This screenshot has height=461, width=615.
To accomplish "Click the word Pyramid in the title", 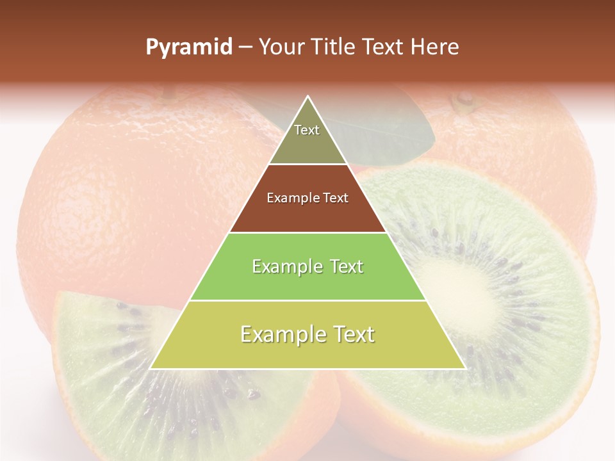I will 189,47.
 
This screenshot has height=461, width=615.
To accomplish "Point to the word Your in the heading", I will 281,47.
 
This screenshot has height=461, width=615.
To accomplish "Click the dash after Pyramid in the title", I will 245,48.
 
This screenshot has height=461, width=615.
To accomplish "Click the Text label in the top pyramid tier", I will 307,130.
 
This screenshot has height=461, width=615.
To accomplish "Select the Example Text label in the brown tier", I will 307,198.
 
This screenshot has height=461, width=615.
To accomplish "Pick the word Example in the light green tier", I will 284,266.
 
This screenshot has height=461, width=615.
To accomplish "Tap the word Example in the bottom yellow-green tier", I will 279,334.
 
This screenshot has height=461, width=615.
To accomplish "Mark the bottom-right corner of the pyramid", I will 465,368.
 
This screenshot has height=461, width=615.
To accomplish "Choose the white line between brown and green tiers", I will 307,232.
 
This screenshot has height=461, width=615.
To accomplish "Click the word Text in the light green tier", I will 343,266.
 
